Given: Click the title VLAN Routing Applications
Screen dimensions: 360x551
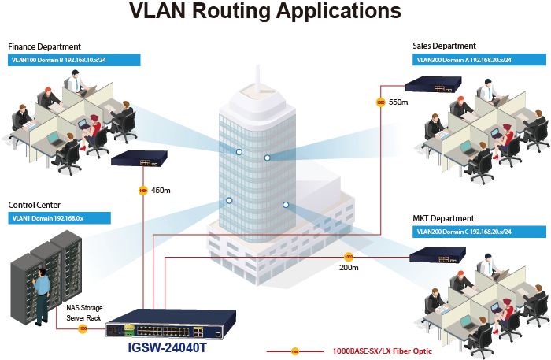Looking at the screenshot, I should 264,13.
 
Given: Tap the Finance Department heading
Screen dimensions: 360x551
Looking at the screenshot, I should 44,47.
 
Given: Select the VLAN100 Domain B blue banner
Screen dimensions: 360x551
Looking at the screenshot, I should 74,60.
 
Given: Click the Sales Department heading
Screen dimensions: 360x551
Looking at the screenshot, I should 444,46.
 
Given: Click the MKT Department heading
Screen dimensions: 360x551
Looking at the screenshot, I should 442,218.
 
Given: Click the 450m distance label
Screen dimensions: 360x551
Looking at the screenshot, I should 161,190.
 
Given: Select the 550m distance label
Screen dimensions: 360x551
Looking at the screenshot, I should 398,102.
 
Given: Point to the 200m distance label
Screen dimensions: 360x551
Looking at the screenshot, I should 349,267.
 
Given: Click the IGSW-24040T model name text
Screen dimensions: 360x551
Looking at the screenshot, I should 166,347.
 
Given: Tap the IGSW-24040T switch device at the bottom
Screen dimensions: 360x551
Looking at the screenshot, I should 170,325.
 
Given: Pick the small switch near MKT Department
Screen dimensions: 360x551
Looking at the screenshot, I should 436,254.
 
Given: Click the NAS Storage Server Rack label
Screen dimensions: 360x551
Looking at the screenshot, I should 84,312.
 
